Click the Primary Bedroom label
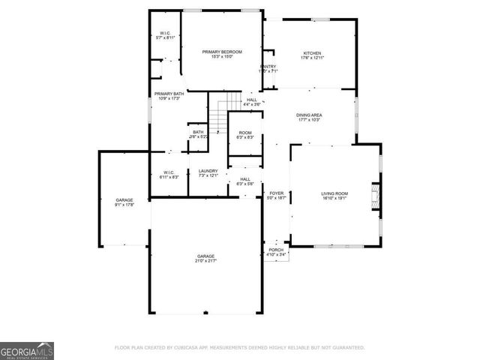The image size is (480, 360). pos(221,51)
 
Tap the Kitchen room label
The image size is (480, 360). pos(311,53)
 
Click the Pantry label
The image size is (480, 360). pos(268,67)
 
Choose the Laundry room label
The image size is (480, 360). pos(208,171)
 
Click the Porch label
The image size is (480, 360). pos(277,250)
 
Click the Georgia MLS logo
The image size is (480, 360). pos(27,350)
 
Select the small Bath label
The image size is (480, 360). pos(198,133)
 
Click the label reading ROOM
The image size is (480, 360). pos(245,133)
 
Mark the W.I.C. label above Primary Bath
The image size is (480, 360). pos(164,32)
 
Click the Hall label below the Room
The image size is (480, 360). pos(245,178)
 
